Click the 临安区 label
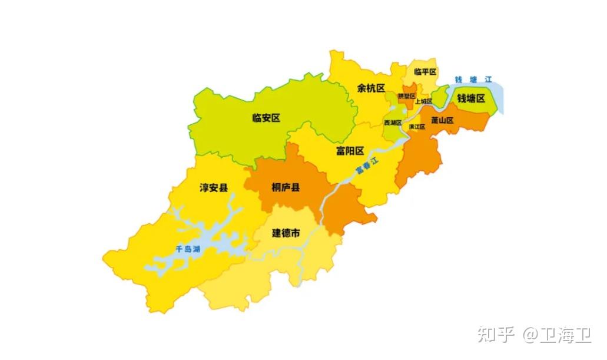pyautogui.click(x=266, y=118)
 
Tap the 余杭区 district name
pyautogui.click(x=371, y=88)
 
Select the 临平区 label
pyautogui.click(x=425, y=72)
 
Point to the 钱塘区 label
pyautogui.click(x=471, y=98)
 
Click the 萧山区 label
pyautogui.click(x=442, y=120)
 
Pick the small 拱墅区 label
pyautogui.click(x=406, y=95)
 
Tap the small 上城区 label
pyautogui.click(x=423, y=101)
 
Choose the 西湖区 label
pyautogui.click(x=392, y=123)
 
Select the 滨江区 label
pyautogui.click(x=417, y=127)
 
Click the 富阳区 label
pyautogui.click(x=350, y=151)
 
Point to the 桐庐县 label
pyautogui.click(x=286, y=187)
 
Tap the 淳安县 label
pyautogui.click(x=214, y=188)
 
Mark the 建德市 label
pyautogui.click(x=286, y=233)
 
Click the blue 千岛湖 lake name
pyautogui.click(x=188, y=249)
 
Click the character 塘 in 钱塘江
pyautogui.click(x=473, y=80)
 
